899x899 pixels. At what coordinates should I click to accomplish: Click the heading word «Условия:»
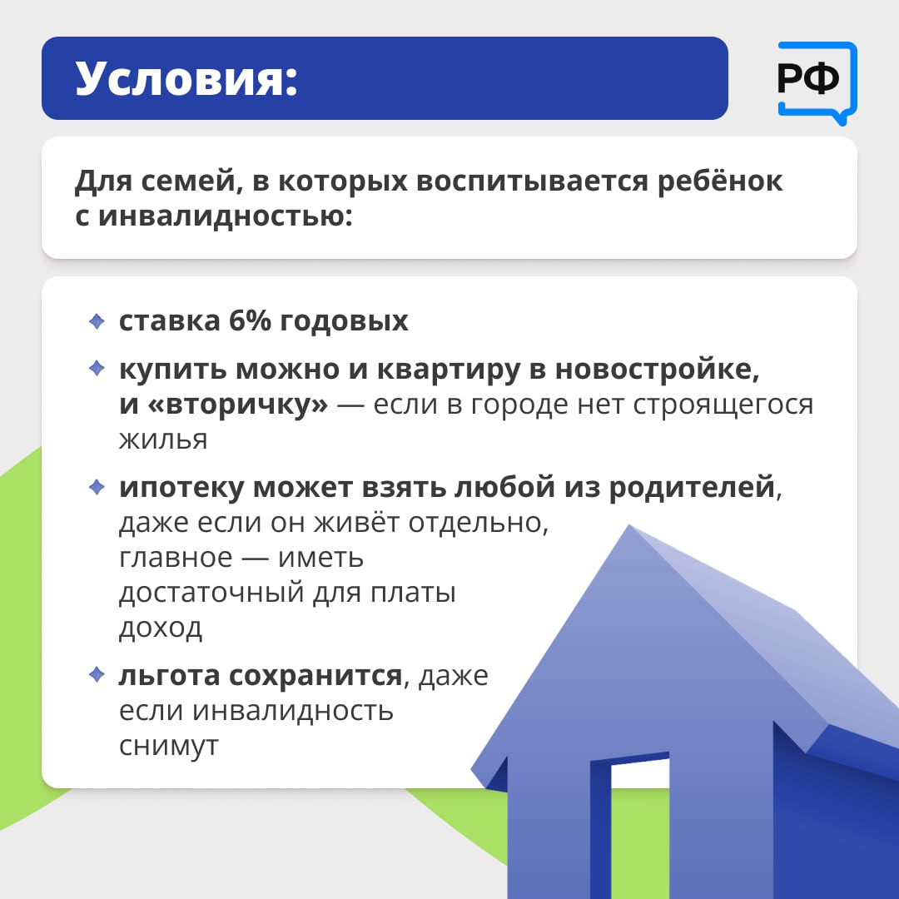click(187, 78)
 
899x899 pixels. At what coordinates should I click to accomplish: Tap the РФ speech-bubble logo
click(817, 82)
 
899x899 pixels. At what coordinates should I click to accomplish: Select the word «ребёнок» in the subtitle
click(720, 181)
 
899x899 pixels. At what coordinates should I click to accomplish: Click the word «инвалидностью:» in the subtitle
click(225, 216)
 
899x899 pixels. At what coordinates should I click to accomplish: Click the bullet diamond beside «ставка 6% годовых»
click(97, 321)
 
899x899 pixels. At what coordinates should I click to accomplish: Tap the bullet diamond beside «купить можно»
click(97, 368)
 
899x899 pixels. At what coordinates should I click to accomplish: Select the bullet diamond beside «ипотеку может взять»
click(97, 487)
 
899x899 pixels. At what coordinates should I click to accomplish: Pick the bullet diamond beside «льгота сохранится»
click(97, 674)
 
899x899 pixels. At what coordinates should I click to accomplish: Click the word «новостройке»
click(657, 370)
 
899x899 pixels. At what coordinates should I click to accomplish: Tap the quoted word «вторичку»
click(238, 405)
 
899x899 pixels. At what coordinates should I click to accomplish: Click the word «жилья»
click(163, 440)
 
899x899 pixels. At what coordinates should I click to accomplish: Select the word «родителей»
click(692, 488)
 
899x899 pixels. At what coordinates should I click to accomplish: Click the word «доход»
click(161, 628)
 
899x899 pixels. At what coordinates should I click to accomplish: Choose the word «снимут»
click(168, 747)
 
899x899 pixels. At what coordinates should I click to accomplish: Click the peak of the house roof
click(629, 525)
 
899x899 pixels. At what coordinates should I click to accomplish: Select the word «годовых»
click(344, 322)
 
